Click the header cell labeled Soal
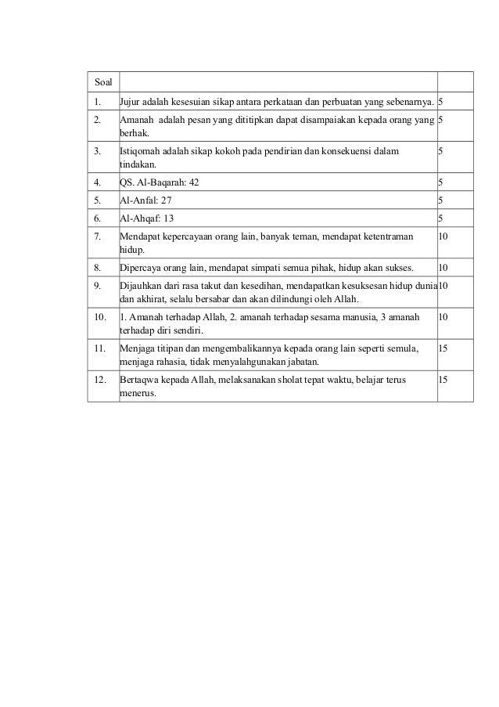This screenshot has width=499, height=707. tap(102, 81)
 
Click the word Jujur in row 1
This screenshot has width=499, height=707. tap(130, 102)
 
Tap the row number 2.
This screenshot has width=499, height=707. tap(96, 121)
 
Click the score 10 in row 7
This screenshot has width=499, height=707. tap(443, 236)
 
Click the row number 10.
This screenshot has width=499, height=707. tap(99, 316)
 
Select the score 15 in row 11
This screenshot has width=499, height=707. tap(443, 346)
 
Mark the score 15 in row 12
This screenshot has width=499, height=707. tap(443, 379)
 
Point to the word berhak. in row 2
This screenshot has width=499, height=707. tap(132, 134)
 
